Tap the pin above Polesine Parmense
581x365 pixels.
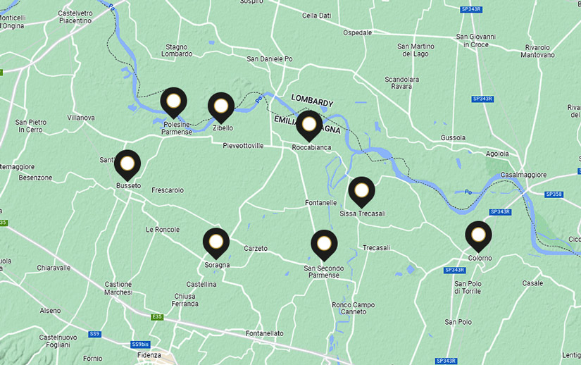click(174, 103)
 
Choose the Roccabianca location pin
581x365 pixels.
click(309, 125)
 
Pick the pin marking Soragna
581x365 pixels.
click(216, 243)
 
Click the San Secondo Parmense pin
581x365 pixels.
click(324, 244)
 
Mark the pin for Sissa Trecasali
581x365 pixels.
click(362, 190)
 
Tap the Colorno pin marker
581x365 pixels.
click(479, 235)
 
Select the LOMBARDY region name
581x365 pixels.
click(312, 102)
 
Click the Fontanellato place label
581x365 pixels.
click(265, 333)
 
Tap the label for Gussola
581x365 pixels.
click(453, 137)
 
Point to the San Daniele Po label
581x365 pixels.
click(269, 59)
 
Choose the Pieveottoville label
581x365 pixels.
click(243, 146)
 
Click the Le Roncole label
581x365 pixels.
click(162, 230)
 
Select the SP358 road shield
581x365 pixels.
click(554, 194)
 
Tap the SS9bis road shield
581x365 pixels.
click(140, 345)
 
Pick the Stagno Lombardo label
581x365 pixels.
click(176, 50)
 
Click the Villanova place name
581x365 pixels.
click(81, 118)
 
